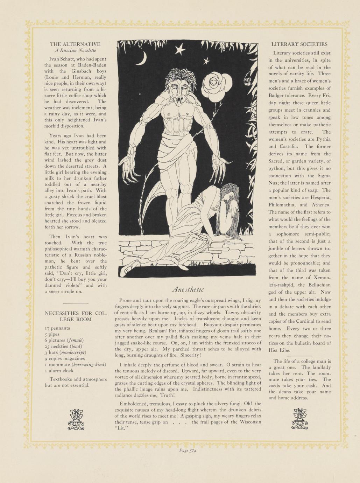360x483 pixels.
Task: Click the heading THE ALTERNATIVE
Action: point(75,44)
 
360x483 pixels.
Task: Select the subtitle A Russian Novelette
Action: point(75,51)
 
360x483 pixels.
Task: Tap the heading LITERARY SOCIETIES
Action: point(299,44)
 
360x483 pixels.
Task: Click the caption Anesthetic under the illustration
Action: point(188,290)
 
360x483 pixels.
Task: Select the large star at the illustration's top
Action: point(180,50)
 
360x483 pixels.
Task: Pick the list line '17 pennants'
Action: point(57,328)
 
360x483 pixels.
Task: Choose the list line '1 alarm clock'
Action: point(59,371)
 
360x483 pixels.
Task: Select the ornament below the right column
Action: point(299,419)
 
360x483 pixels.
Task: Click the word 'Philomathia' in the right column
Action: point(282,205)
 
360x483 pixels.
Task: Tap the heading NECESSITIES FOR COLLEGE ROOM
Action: point(75,316)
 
